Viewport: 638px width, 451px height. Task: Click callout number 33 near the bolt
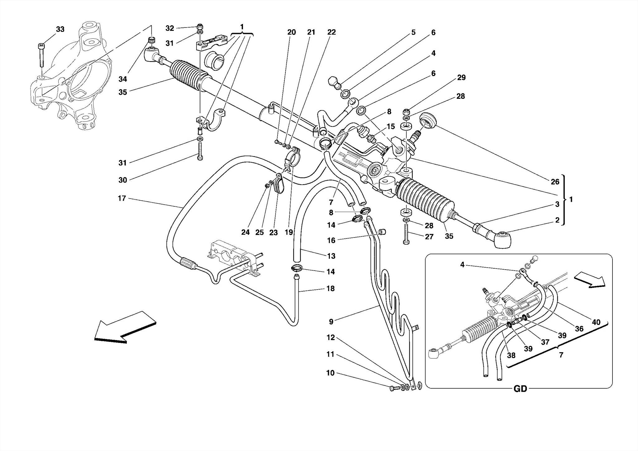pyautogui.click(x=60, y=29)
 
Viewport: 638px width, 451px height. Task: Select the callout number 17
pyautogui.click(x=122, y=198)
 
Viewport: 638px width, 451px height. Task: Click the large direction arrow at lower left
pyautogui.click(x=125, y=327)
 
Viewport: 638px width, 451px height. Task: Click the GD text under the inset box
pyautogui.click(x=520, y=389)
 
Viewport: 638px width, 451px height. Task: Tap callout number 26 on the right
pyautogui.click(x=555, y=182)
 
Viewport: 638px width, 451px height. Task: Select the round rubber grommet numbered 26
pyautogui.click(x=427, y=120)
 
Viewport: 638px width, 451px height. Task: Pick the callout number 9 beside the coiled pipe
pyautogui.click(x=331, y=321)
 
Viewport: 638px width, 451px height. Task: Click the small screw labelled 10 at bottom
pyautogui.click(x=394, y=388)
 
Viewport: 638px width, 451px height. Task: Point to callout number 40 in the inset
pyautogui.click(x=596, y=322)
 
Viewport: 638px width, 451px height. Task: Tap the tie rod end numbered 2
pyautogui.click(x=502, y=240)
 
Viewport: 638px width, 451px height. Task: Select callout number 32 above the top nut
pyautogui.click(x=169, y=28)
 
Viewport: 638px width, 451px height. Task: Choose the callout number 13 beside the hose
pyautogui.click(x=331, y=256)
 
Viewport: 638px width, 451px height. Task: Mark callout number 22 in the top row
pyautogui.click(x=331, y=32)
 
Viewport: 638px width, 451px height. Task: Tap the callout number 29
pyautogui.click(x=461, y=78)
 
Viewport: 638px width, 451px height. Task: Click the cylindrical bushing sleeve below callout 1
pyautogui.click(x=214, y=60)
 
